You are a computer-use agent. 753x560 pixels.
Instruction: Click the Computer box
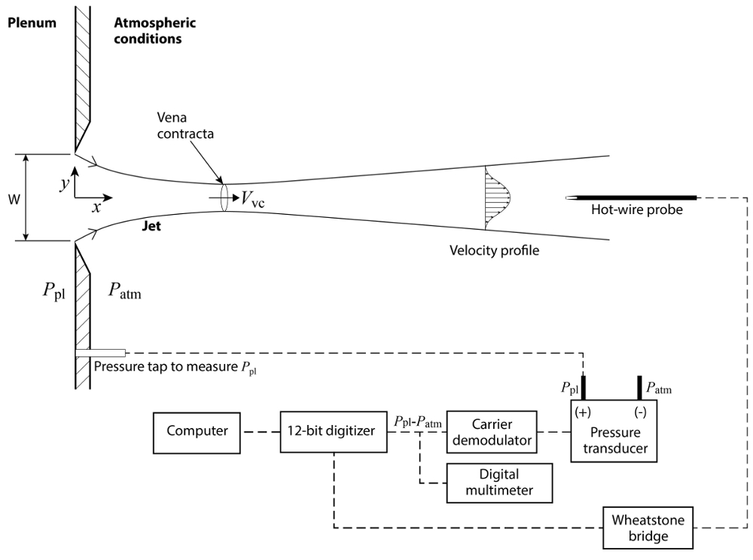(x=197, y=432)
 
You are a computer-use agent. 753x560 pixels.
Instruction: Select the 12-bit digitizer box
(x=333, y=432)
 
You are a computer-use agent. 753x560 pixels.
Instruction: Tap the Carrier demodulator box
(x=491, y=432)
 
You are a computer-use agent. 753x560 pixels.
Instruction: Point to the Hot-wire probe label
(x=638, y=210)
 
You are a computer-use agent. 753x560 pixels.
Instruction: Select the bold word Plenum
(x=32, y=23)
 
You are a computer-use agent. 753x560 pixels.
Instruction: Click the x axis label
(x=96, y=207)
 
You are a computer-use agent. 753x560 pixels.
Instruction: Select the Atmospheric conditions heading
(x=154, y=30)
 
